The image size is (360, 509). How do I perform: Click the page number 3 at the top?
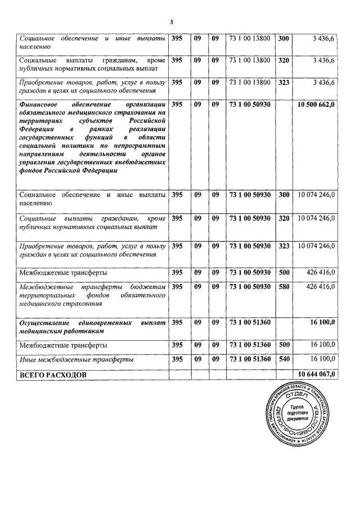[x=172, y=22]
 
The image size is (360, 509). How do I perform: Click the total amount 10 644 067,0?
[x=316, y=373]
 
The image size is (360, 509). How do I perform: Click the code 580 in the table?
[x=284, y=287]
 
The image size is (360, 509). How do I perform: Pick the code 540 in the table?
[x=284, y=359]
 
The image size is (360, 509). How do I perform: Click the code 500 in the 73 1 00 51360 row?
[x=284, y=345]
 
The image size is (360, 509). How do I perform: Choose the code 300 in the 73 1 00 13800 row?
[x=284, y=38]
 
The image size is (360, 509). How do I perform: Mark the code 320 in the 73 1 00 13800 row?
[x=284, y=60]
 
